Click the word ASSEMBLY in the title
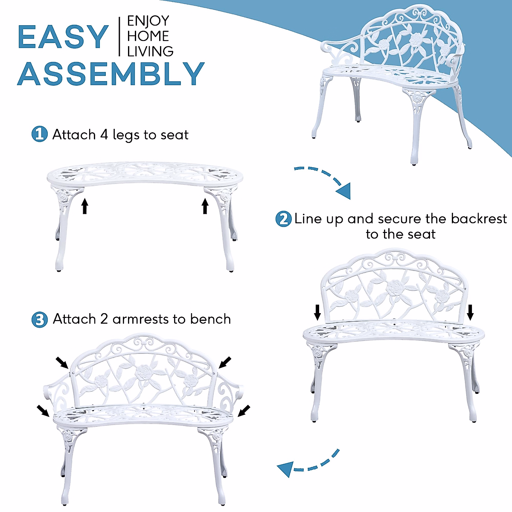(x=111, y=73)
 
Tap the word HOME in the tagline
(x=148, y=36)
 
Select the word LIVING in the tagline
(x=150, y=51)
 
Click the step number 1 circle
(x=39, y=134)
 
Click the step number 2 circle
(x=283, y=219)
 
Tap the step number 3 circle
(x=40, y=320)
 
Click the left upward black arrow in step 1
(x=84, y=206)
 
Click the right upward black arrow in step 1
(x=205, y=207)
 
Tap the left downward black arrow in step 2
(x=317, y=312)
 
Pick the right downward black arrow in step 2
(x=470, y=312)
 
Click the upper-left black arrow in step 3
(x=62, y=363)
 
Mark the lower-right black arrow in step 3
(x=244, y=410)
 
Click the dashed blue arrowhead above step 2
(x=344, y=191)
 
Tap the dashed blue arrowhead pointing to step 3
(x=285, y=469)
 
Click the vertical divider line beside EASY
(x=119, y=37)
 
